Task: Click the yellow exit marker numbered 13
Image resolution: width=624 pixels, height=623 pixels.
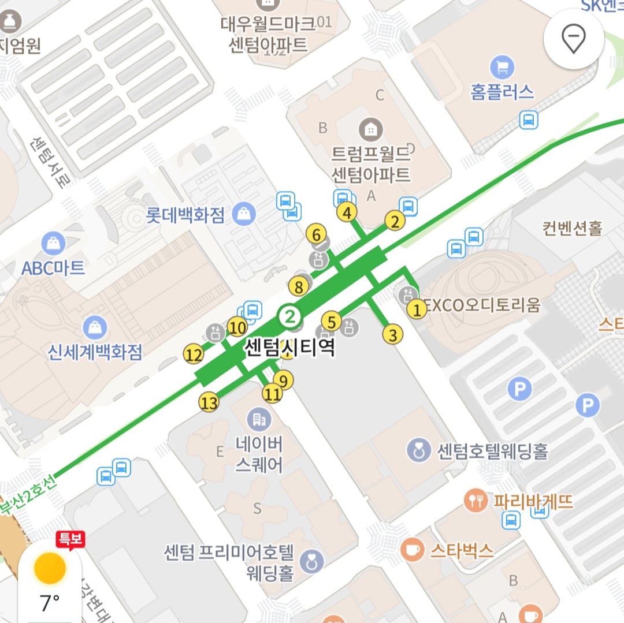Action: (209, 402)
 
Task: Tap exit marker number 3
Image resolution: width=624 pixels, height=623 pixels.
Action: (393, 335)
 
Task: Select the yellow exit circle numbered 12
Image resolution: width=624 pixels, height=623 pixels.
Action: (194, 355)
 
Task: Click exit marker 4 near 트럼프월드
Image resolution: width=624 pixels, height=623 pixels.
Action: (347, 213)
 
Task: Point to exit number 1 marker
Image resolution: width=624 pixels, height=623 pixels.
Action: (416, 310)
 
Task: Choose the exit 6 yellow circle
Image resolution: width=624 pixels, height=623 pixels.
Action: (316, 235)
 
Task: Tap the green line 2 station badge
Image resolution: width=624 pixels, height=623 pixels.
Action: (289, 316)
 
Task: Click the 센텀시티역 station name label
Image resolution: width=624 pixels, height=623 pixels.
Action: (290, 348)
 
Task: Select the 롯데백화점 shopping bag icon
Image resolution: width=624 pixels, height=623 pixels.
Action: (244, 215)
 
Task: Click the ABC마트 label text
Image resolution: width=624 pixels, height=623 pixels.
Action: (53, 268)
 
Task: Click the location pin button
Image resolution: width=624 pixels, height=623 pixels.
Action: (574, 39)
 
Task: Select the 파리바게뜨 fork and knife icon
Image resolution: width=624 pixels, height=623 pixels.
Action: (476, 501)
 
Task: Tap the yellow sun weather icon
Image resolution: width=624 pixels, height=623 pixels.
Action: (50, 568)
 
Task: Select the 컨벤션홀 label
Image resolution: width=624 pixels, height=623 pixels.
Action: (572, 229)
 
